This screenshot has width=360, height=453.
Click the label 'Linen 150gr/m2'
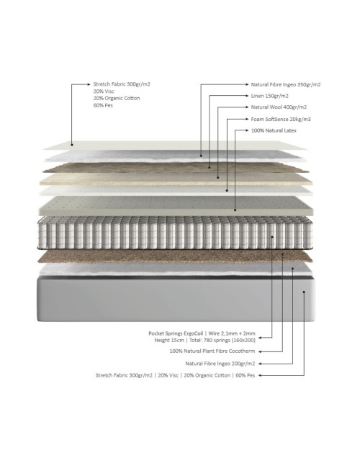pos(269,96)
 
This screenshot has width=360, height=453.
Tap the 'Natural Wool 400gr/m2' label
pos(279,107)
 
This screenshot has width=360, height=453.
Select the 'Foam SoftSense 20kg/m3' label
pos(281,119)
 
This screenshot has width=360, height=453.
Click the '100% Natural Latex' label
pos(274,130)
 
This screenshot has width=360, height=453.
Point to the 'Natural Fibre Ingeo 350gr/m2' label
pos(286,85)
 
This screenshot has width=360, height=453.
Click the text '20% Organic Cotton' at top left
pos(117,98)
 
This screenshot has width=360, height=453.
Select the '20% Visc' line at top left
pos(104,91)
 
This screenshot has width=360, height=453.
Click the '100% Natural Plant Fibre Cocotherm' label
pos(212,351)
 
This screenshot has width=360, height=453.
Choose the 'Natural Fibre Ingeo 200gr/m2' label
pos(220,364)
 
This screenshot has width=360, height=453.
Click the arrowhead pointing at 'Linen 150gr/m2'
pos(247,96)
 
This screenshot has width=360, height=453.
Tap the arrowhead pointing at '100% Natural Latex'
pos(247,130)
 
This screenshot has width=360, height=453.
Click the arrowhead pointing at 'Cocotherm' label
pos(260,351)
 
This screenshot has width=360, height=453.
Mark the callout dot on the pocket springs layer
pos(272,237)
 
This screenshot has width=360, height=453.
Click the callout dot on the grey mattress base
pos(304,292)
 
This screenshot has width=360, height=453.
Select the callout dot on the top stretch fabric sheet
pos(72,145)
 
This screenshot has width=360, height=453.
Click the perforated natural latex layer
pos(176,206)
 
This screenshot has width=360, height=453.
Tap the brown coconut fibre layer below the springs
pos(175,256)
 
